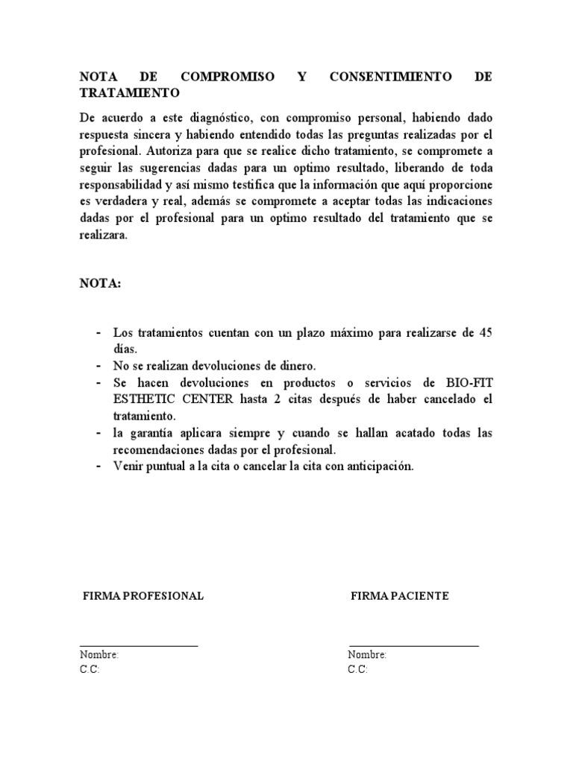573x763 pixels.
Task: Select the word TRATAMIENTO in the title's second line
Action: [x=129, y=94]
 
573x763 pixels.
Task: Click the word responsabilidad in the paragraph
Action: [x=125, y=184]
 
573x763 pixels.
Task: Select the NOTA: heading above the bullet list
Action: [x=99, y=283]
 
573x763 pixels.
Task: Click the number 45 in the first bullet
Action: [x=485, y=333]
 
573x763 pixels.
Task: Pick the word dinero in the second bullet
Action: [x=298, y=366]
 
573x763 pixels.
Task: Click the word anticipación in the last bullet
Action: [x=377, y=466]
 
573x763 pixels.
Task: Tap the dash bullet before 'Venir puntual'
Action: [x=99, y=466]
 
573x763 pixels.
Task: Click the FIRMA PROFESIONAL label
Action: [x=143, y=596]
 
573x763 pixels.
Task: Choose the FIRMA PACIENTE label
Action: [x=400, y=596]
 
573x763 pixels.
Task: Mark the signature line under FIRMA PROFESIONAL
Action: [x=139, y=645]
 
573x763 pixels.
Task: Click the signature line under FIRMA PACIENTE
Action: [x=413, y=645]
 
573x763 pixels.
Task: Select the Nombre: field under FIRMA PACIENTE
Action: [x=367, y=655]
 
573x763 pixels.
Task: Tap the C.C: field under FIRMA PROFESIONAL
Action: [x=90, y=669]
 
